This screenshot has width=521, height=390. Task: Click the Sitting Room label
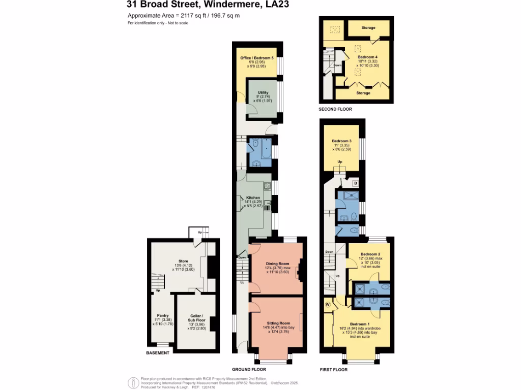(x=278, y=323)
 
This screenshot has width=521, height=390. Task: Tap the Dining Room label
(x=278, y=264)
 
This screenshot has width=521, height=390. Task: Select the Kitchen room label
(x=253, y=197)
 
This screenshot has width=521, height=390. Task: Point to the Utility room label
(x=263, y=92)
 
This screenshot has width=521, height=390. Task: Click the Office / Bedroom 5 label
(x=257, y=58)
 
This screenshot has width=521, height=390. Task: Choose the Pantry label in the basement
(x=163, y=315)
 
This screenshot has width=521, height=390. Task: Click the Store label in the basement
(x=183, y=261)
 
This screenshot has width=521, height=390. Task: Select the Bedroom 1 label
(x=360, y=324)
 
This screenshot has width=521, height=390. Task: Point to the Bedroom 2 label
(x=371, y=253)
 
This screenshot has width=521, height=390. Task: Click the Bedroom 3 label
(x=342, y=141)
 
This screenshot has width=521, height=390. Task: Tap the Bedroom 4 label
(x=368, y=57)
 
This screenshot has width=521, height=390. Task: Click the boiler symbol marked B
(x=356, y=183)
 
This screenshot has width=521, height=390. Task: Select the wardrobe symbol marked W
(x=327, y=305)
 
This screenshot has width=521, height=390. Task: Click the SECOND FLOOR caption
(x=335, y=109)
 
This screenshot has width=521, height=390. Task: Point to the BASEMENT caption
(x=158, y=352)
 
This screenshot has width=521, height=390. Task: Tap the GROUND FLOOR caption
(x=249, y=370)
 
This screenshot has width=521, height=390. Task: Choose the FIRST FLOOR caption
(x=333, y=370)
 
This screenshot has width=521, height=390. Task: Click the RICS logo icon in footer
(x=133, y=382)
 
